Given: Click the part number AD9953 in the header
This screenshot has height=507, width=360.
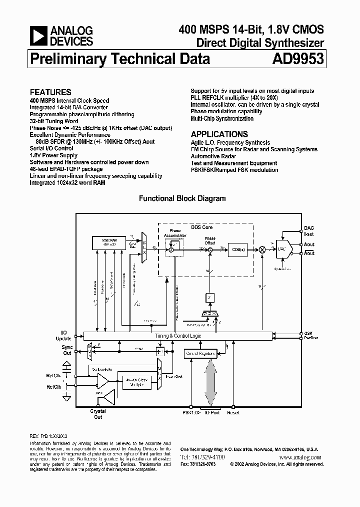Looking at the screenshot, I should [298, 60].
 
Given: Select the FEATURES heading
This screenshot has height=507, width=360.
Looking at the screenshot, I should [50, 92].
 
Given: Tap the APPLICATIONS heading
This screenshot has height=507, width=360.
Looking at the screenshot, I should [219, 134].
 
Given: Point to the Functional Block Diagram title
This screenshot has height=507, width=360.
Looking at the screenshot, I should [182, 198].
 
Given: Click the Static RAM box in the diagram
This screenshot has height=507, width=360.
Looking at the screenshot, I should [107, 243].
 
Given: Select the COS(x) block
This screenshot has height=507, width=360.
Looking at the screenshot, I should [238, 249].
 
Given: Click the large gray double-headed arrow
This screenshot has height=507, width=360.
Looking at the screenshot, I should [210, 381].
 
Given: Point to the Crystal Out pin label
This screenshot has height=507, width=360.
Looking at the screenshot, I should [98, 414].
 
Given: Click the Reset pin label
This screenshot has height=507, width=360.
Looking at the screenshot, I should [233, 413].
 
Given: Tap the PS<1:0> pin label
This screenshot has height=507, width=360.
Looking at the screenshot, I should [191, 413].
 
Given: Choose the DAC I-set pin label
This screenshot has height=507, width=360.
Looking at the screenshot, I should [309, 230].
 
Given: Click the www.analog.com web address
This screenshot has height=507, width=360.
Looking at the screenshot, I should [301, 457].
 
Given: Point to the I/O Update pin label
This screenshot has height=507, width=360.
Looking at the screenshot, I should [63, 335].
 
